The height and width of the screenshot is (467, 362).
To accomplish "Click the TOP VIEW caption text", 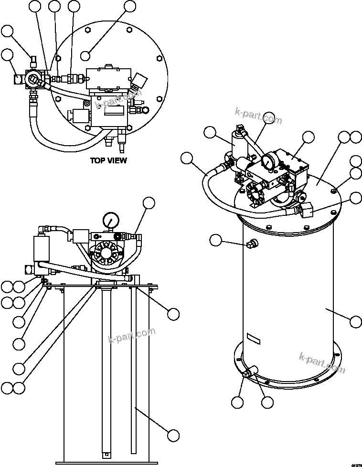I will (x=108, y=160).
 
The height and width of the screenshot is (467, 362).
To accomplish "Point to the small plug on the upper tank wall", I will (x=250, y=245).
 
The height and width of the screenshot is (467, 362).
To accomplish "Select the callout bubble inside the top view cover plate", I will (x=85, y=55).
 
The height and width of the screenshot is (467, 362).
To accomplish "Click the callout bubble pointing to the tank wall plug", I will (x=216, y=240).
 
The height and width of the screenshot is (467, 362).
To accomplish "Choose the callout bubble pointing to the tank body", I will (x=356, y=321).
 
